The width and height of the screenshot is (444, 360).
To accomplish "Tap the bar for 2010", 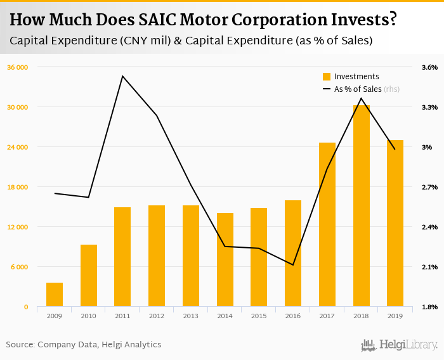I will [89, 276].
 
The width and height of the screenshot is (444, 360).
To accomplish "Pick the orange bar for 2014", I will [225, 260].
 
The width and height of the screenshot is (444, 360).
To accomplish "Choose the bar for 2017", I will [327, 225].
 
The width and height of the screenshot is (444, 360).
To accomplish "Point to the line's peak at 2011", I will [122, 76].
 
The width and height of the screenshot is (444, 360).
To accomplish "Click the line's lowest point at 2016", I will [293, 265].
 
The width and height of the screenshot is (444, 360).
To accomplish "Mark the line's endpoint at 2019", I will [395, 150].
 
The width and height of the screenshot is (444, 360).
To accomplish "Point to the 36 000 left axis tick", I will [18, 67].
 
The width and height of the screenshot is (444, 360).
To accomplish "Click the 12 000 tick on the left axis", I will [18, 227].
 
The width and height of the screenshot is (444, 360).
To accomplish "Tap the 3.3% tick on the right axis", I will [429, 107].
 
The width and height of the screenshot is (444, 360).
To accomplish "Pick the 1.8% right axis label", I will [429, 307].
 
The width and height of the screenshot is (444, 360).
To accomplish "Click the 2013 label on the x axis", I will [191, 316].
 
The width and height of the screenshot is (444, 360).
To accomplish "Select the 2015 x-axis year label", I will [259, 316].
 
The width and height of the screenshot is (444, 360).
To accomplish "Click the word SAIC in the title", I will [153, 20].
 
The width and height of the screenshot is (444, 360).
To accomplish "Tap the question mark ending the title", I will [393, 20].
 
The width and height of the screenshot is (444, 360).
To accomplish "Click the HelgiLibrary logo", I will [400, 345].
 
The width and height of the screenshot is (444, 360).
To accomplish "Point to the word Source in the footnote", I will [20, 345].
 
